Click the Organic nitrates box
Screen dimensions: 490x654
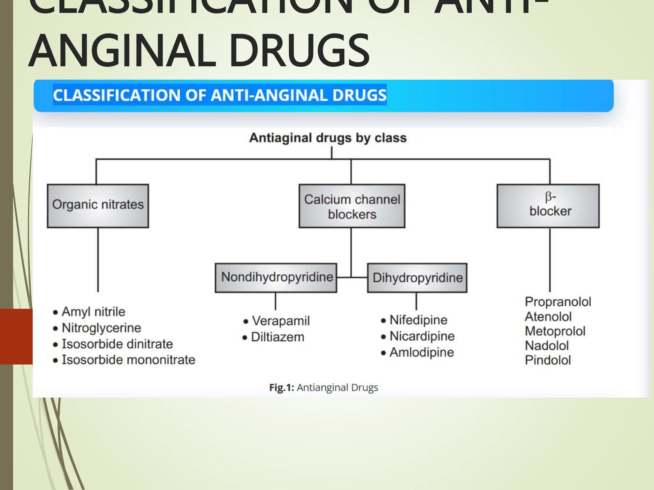(x=98, y=206)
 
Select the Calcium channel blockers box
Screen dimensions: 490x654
(x=352, y=206)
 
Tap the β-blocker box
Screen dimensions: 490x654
(x=548, y=206)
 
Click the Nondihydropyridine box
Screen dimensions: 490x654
(x=276, y=278)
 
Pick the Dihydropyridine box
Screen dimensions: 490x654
(x=417, y=278)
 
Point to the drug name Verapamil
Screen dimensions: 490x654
(x=281, y=321)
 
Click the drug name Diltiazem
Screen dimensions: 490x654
(x=278, y=337)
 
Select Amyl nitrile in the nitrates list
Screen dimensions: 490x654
(x=93, y=312)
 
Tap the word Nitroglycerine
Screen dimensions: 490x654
(x=101, y=328)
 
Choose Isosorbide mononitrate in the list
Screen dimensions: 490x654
(x=128, y=360)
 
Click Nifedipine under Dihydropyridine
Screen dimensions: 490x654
(x=418, y=320)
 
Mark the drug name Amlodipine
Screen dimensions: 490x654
(x=422, y=353)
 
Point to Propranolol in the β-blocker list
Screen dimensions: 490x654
(x=558, y=302)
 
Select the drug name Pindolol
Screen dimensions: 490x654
(x=548, y=360)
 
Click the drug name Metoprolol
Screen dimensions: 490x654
(x=555, y=331)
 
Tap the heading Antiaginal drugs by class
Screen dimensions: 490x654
(x=328, y=138)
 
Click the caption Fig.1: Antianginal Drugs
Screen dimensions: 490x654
(x=323, y=388)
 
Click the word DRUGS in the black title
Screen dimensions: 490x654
(x=299, y=51)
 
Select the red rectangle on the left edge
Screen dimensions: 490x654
(x=16, y=337)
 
